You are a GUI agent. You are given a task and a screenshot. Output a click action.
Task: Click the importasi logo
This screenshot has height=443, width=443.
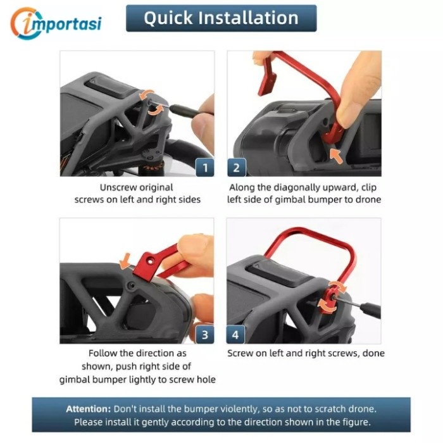click(x=56, y=23)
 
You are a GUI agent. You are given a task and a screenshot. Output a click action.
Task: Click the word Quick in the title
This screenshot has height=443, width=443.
click(x=168, y=18)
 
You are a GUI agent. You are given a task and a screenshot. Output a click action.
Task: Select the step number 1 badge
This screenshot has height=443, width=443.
click(x=205, y=168)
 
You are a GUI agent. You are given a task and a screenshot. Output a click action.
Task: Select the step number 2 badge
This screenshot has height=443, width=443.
click(x=237, y=168)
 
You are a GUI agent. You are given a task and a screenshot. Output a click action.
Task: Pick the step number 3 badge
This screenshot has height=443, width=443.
click(x=205, y=335)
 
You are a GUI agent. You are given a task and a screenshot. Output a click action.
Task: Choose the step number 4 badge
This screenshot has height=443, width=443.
click(x=235, y=335)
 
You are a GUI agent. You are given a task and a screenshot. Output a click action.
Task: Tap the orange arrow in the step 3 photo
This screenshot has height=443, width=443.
click(x=125, y=261)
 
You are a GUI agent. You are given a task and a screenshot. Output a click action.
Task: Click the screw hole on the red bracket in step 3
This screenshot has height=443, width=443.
click(x=151, y=261)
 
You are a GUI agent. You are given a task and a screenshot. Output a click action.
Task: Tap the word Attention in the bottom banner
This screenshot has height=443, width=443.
click(x=88, y=409)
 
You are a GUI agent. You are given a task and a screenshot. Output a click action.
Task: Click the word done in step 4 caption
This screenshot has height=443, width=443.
click(x=374, y=353)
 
